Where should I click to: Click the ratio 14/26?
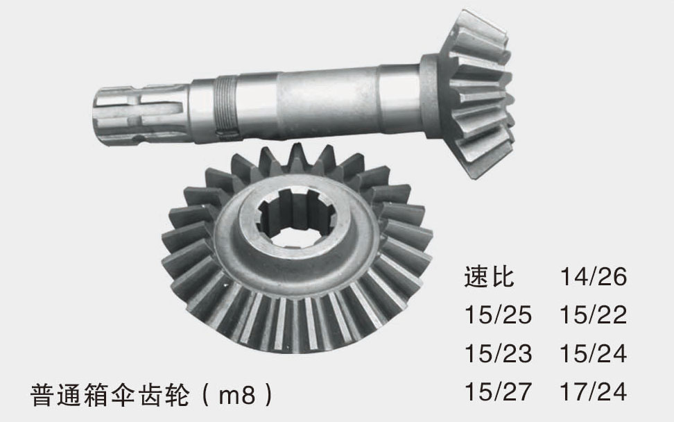[593, 276]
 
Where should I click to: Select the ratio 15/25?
[498, 314]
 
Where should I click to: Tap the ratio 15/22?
[593, 314]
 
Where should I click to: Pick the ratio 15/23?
[498, 353]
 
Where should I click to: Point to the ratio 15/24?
[593, 353]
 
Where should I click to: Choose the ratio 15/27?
[498, 391]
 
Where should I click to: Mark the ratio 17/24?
[593, 391]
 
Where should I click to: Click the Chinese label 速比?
[489, 276]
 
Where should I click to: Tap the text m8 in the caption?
[237, 395]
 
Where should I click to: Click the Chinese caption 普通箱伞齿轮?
[110, 395]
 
